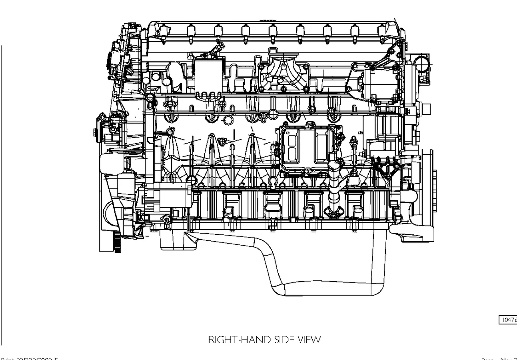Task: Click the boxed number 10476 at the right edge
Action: [508, 320]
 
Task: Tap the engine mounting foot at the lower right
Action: [412, 230]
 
